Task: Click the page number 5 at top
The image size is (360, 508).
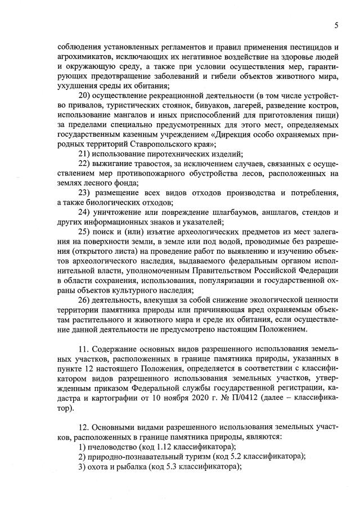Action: [336, 25]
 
